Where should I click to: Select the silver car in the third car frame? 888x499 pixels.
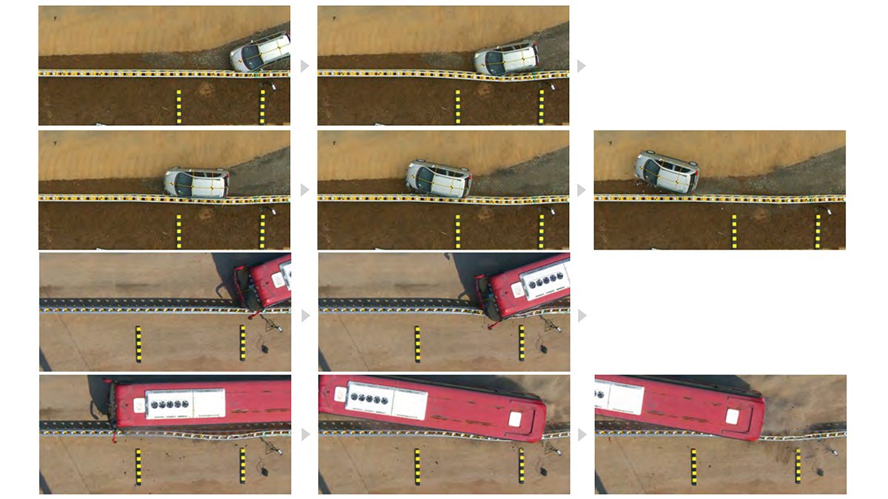(196, 181)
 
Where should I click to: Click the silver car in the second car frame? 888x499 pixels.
(506, 58)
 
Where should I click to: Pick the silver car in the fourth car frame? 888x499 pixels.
(438, 178)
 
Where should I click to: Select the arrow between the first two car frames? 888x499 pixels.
(304, 66)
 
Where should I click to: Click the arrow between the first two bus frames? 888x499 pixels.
(304, 315)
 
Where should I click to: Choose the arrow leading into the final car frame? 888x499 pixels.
(582, 190)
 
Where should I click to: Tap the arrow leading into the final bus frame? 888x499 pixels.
(582, 434)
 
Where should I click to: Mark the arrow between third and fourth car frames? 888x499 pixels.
(304, 190)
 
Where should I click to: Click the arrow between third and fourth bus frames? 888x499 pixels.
(304, 434)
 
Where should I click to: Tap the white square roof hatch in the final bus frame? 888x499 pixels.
(732, 416)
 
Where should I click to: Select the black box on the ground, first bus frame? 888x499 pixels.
(264, 348)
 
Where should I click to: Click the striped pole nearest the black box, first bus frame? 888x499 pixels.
(243, 343)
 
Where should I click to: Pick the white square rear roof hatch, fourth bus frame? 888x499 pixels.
(514, 419)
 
